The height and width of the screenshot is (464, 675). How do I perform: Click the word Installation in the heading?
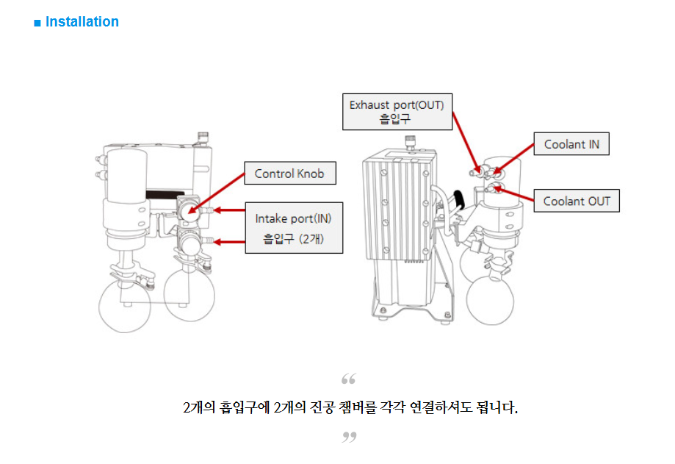pyautogui.click(x=82, y=22)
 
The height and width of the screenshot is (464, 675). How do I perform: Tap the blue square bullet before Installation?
pyautogui.click(x=37, y=23)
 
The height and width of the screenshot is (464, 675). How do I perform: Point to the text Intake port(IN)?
pyautogui.click(x=293, y=219)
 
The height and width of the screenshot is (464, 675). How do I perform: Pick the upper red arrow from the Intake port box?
pyautogui.click(x=228, y=211)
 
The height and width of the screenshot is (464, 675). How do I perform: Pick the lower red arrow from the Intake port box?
pyautogui.click(x=228, y=240)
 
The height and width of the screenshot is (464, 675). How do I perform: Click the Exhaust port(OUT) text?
pyautogui.click(x=396, y=104)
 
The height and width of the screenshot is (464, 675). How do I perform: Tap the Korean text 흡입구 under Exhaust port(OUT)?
pyautogui.click(x=396, y=118)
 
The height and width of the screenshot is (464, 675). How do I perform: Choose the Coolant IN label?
pyautogui.click(x=571, y=144)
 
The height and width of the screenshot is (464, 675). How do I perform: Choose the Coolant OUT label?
pyautogui.click(x=577, y=201)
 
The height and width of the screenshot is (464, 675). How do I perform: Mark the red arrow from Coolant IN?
pyautogui.click(x=516, y=159)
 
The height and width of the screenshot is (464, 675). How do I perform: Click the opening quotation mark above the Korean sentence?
pyautogui.click(x=349, y=379)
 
